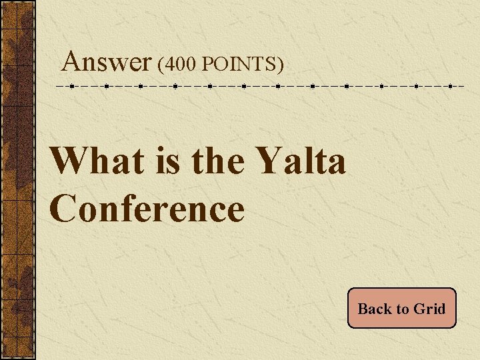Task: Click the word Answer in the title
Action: [x=106, y=63]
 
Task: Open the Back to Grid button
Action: [x=401, y=309]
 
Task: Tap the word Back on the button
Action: [x=375, y=309]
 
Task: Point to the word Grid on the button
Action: [x=429, y=309]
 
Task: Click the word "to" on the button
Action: [x=403, y=309]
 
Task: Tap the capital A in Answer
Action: [x=71, y=63]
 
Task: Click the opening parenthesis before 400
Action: [x=161, y=65]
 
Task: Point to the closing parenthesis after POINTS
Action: [x=281, y=65]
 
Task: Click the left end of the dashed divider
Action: [x=57, y=86]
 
